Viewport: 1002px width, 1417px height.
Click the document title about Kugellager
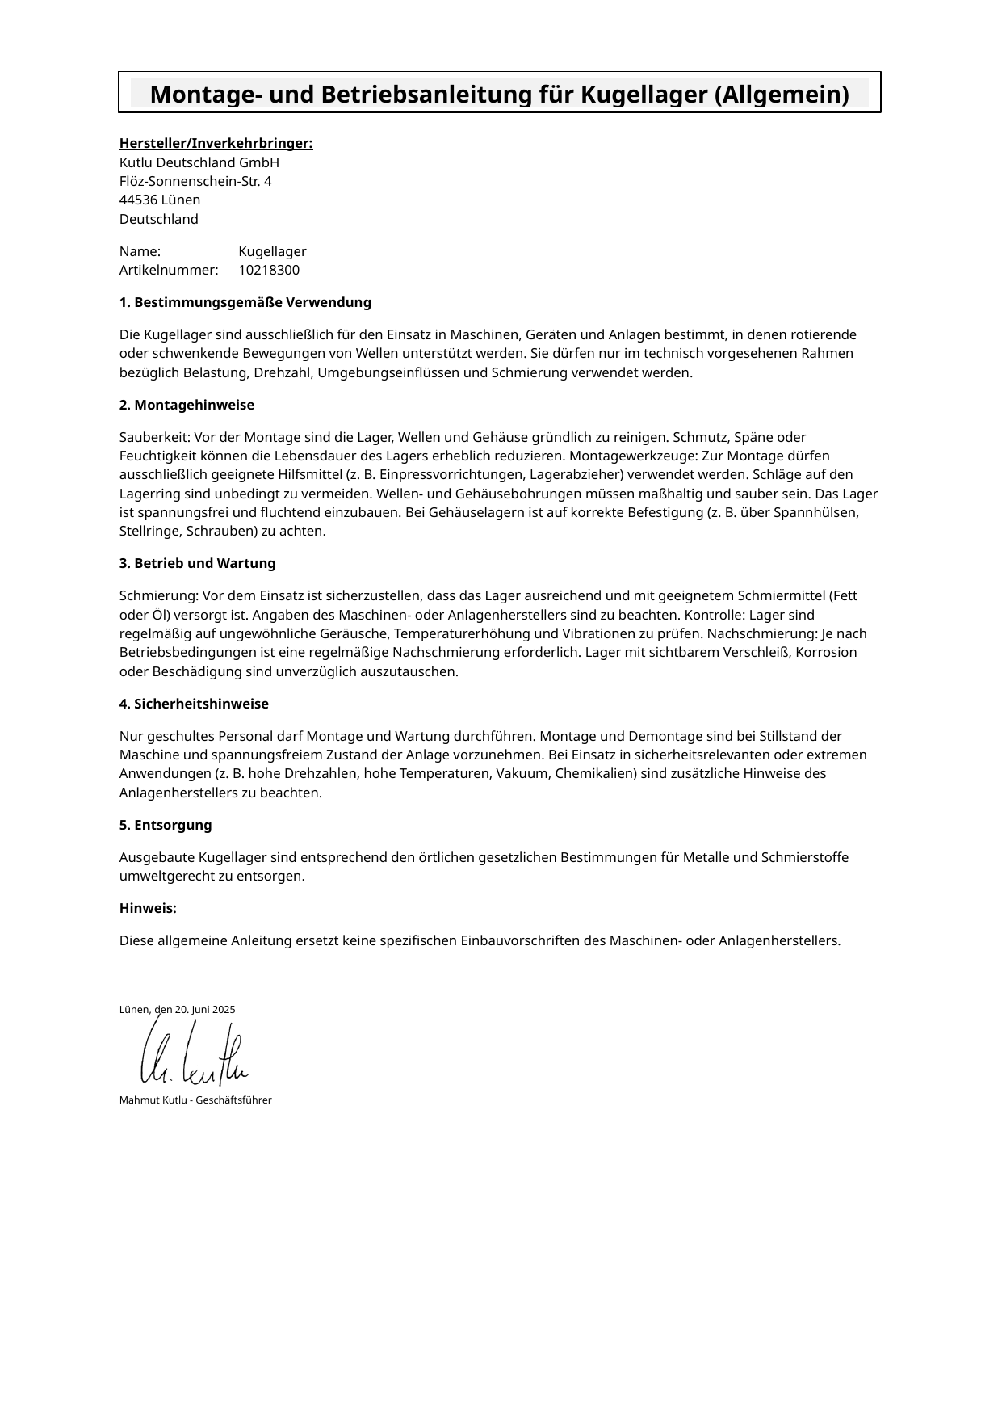(x=499, y=95)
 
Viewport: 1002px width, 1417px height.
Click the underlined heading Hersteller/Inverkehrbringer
(x=216, y=144)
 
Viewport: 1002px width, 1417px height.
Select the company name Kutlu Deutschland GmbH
(x=199, y=162)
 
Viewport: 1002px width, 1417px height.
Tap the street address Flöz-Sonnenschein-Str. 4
(x=195, y=181)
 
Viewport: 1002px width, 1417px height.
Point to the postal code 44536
(x=138, y=200)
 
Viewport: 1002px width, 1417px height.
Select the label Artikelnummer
(x=169, y=270)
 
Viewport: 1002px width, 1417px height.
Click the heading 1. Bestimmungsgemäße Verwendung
(x=245, y=302)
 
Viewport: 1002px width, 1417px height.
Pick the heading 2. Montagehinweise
(x=187, y=405)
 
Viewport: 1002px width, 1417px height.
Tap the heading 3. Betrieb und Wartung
(x=197, y=563)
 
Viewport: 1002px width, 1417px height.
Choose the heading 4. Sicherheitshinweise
(x=194, y=704)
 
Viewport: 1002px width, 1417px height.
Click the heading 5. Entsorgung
(x=166, y=825)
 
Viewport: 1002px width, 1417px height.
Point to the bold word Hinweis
(x=148, y=908)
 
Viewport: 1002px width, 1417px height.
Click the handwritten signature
(x=194, y=1054)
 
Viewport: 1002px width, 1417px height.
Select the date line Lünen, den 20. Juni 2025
(x=177, y=1010)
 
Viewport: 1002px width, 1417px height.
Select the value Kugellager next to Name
(x=272, y=251)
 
